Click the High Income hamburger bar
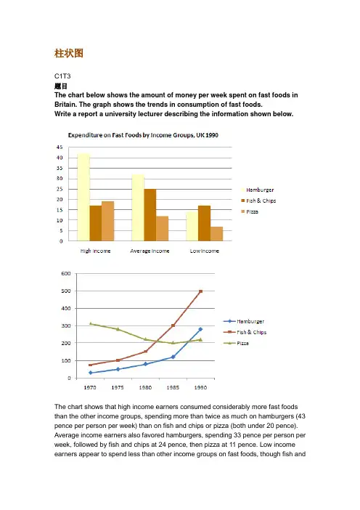click(83, 197)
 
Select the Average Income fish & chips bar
click(150, 215)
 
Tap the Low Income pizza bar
click(217, 234)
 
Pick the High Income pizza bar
click(108, 221)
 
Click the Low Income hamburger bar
click(192, 227)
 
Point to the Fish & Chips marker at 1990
click(200, 291)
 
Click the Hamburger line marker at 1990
click(200, 330)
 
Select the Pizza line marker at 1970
click(90, 323)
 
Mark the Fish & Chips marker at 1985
click(173, 325)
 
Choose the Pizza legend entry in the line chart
click(236, 343)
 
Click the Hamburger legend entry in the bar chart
click(258, 190)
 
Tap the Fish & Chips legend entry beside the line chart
click(245, 332)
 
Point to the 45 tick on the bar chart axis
click(59, 147)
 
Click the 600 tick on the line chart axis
click(66, 274)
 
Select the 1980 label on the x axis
click(145, 387)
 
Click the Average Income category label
click(150, 251)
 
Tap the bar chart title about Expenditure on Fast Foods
click(143, 135)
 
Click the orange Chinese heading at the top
click(69, 53)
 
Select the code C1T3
click(62, 76)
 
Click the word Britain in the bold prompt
click(65, 105)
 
